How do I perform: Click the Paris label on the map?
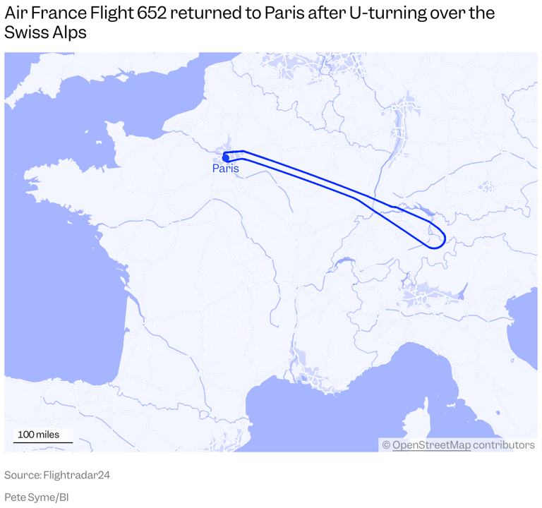point(226,169)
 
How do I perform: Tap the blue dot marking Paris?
point(226,158)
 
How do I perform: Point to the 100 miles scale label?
point(39,435)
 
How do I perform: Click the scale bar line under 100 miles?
point(43,443)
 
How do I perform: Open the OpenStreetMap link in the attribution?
point(431,445)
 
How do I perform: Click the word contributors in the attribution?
point(504,445)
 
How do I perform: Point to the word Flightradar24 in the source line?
point(77,476)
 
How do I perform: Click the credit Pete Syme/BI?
point(36,497)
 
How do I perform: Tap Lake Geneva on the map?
point(342,262)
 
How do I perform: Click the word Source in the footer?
point(21,476)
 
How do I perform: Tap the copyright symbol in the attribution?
point(386,445)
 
